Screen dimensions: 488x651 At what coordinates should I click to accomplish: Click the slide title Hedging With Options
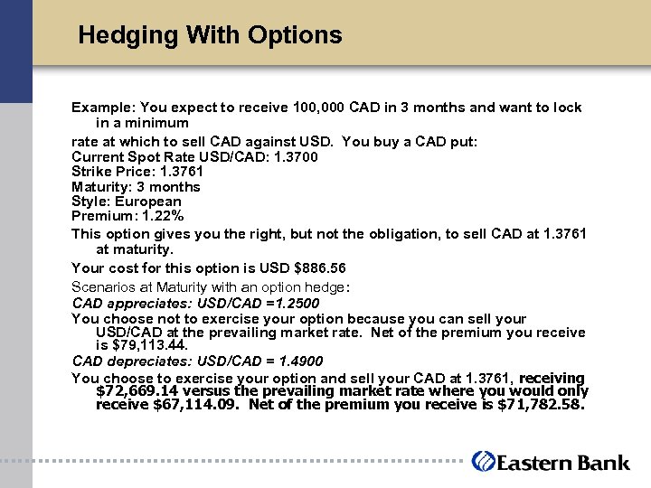(210, 35)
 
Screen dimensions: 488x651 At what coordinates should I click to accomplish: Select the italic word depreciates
(140, 361)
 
